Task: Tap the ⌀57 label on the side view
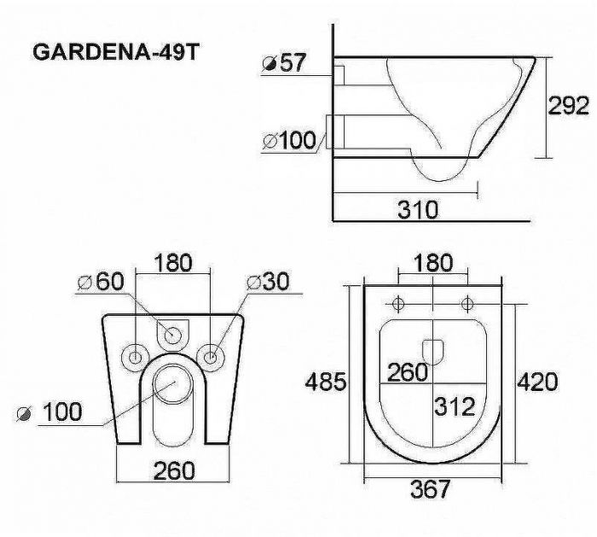pos(286,65)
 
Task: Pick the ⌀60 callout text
pos(100,283)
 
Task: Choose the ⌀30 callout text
pos(269,283)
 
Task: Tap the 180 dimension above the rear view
pos(173,261)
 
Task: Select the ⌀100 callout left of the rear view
pos(51,412)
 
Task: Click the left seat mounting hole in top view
pos(398,304)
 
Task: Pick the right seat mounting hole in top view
pos(467,304)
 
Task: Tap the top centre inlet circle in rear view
pos(173,334)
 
